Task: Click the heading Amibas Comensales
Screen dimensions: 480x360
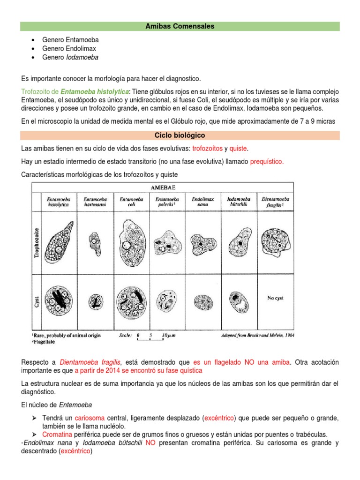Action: pyautogui.click(x=180, y=26)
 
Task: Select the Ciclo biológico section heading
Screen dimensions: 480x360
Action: pyautogui.click(x=180, y=135)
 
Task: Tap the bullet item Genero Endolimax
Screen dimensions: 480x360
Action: pyautogui.click(x=70, y=49)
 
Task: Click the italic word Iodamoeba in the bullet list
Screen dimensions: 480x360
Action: pyautogui.click(x=82, y=57)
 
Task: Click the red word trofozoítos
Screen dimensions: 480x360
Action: pyautogui.click(x=207, y=149)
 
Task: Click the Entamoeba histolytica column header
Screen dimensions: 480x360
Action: pyautogui.click(x=56, y=202)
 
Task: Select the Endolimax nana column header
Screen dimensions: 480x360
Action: pyautogui.click(x=203, y=202)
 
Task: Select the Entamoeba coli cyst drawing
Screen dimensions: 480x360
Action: pyautogui.click(x=127, y=299)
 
